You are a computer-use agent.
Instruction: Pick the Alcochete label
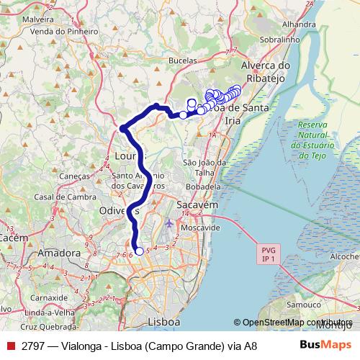click(x=345, y=256)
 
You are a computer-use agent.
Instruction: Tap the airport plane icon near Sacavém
click(x=168, y=222)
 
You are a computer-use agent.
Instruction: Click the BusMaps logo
click(x=326, y=346)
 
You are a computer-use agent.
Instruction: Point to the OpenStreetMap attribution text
click(x=297, y=323)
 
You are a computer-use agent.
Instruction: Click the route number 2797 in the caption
click(x=34, y=346)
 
